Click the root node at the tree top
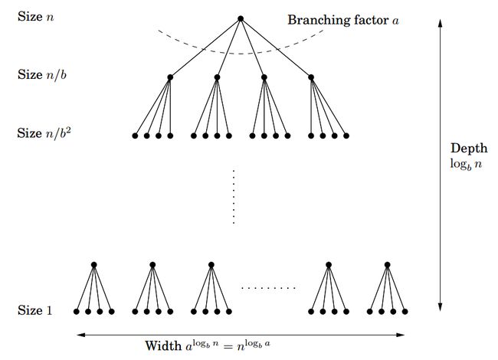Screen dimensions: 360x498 tap(241, 18)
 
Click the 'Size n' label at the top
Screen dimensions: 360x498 tap(36, 15)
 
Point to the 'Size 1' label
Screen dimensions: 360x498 tap(36, 310)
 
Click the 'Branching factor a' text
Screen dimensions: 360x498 tap(343, 19)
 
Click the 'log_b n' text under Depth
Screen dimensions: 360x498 tap(465, 163)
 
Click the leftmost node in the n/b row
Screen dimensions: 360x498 tap(170, 77)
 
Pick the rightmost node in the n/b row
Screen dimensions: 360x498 tap(311, 77)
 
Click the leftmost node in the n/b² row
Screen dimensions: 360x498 tap(135, 136)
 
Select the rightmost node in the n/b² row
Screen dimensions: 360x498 tap(346, 136)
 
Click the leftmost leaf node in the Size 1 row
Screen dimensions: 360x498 tap(76, 312)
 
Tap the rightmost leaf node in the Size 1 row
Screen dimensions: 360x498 tap(405, 312)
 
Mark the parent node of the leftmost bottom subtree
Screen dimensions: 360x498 tap(93, 265)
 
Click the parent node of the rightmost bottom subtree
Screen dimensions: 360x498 tap(387, 265)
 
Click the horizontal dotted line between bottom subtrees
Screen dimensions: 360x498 tap(268, 288)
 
